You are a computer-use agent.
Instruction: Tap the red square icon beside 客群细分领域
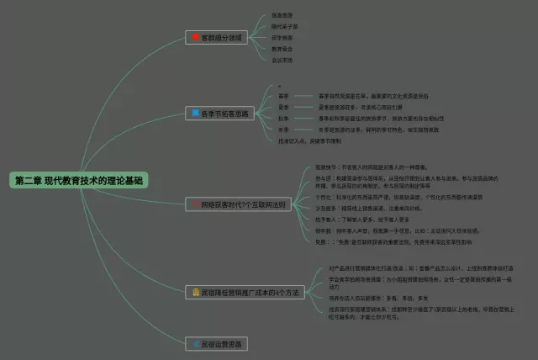click(x=195, y=38)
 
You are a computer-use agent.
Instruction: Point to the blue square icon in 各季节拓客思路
click(x=195, y=113)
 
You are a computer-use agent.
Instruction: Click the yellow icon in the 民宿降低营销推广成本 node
click(x=195, y=293)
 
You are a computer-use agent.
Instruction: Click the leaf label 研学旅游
click(x=282, y=38)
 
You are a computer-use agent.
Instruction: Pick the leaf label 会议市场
click(x=282, y=60)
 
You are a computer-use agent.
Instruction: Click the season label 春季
click(x=283, y=97)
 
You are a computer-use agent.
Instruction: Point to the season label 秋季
click(x=283, y=119)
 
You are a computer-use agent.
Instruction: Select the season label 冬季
click(x=283, y=130)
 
